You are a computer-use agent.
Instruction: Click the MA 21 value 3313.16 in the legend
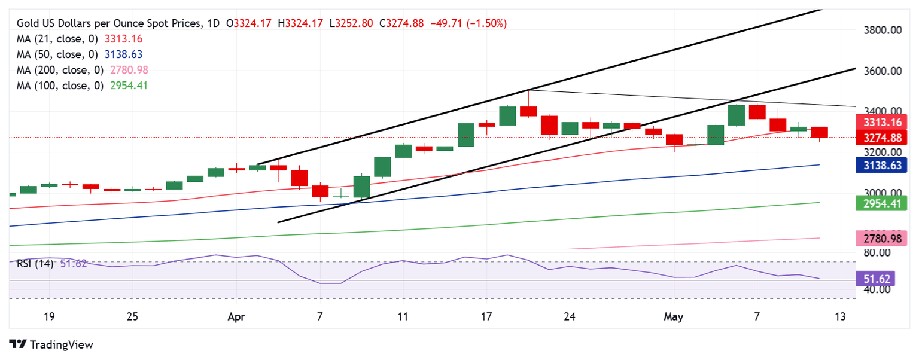[x=123, y=39]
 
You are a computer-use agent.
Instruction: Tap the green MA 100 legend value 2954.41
[x=128, y=86]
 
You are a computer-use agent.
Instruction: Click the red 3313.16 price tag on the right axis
[x=883, y=123]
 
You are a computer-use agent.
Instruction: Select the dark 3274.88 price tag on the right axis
[x=883, y=138]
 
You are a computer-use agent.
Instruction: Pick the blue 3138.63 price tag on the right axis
[x=883, y=165]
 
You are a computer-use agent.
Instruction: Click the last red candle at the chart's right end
[x=819, y=132]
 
